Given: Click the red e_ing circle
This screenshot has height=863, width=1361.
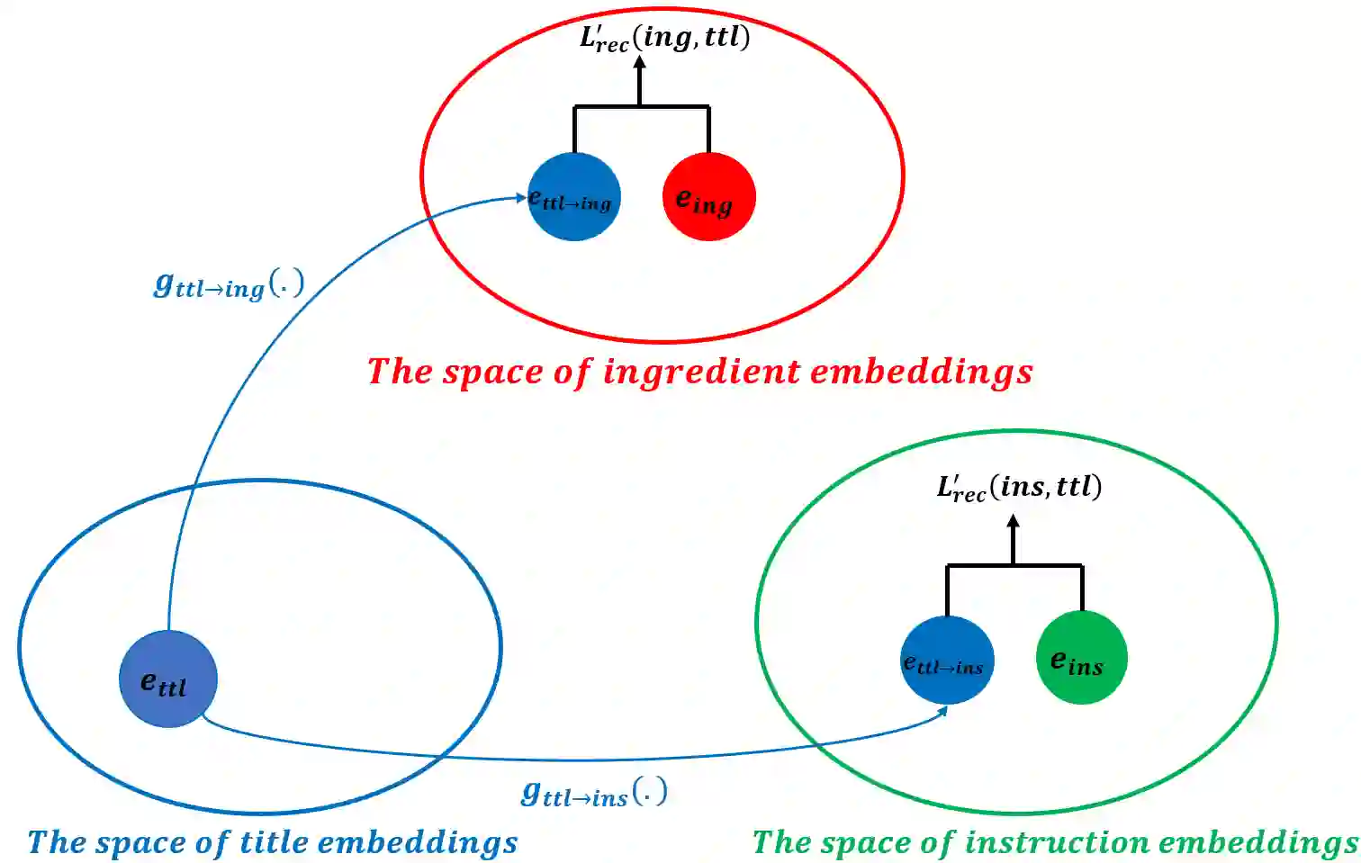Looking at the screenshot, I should pyautogui.click(x=708, y=197).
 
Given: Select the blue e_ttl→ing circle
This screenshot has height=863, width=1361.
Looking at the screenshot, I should pyautogui.click(x=573, y=197).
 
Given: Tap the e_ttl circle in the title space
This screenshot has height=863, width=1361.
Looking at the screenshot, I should pyautogui.click(x=167, y=679).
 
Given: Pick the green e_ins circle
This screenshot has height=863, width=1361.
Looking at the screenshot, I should pyautogui.click(x=1081, y=658).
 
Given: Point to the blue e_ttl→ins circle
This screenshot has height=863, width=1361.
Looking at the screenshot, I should pyautogui.click(x=947, y=661).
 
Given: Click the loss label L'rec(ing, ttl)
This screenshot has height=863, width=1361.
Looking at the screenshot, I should pyautogui.click(x=664, y=39).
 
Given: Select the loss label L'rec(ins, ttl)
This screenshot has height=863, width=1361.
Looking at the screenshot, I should pyautogui.click(x=1019, y=488).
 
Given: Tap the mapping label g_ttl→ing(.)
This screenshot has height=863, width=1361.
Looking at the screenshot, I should pyautogui.click(x=229, y=285).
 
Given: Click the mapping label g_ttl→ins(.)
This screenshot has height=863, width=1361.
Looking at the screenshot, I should pyautogui.click(x=594, y=793).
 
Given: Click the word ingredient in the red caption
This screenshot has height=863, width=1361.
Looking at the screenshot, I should pyautogui.click(x=701, y=372).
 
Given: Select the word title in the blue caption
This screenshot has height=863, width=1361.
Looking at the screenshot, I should pyautogui.click(x=275, y=842).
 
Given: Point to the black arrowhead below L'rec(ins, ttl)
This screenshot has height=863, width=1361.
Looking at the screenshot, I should pyautogui.click(x=1013, y=522).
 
